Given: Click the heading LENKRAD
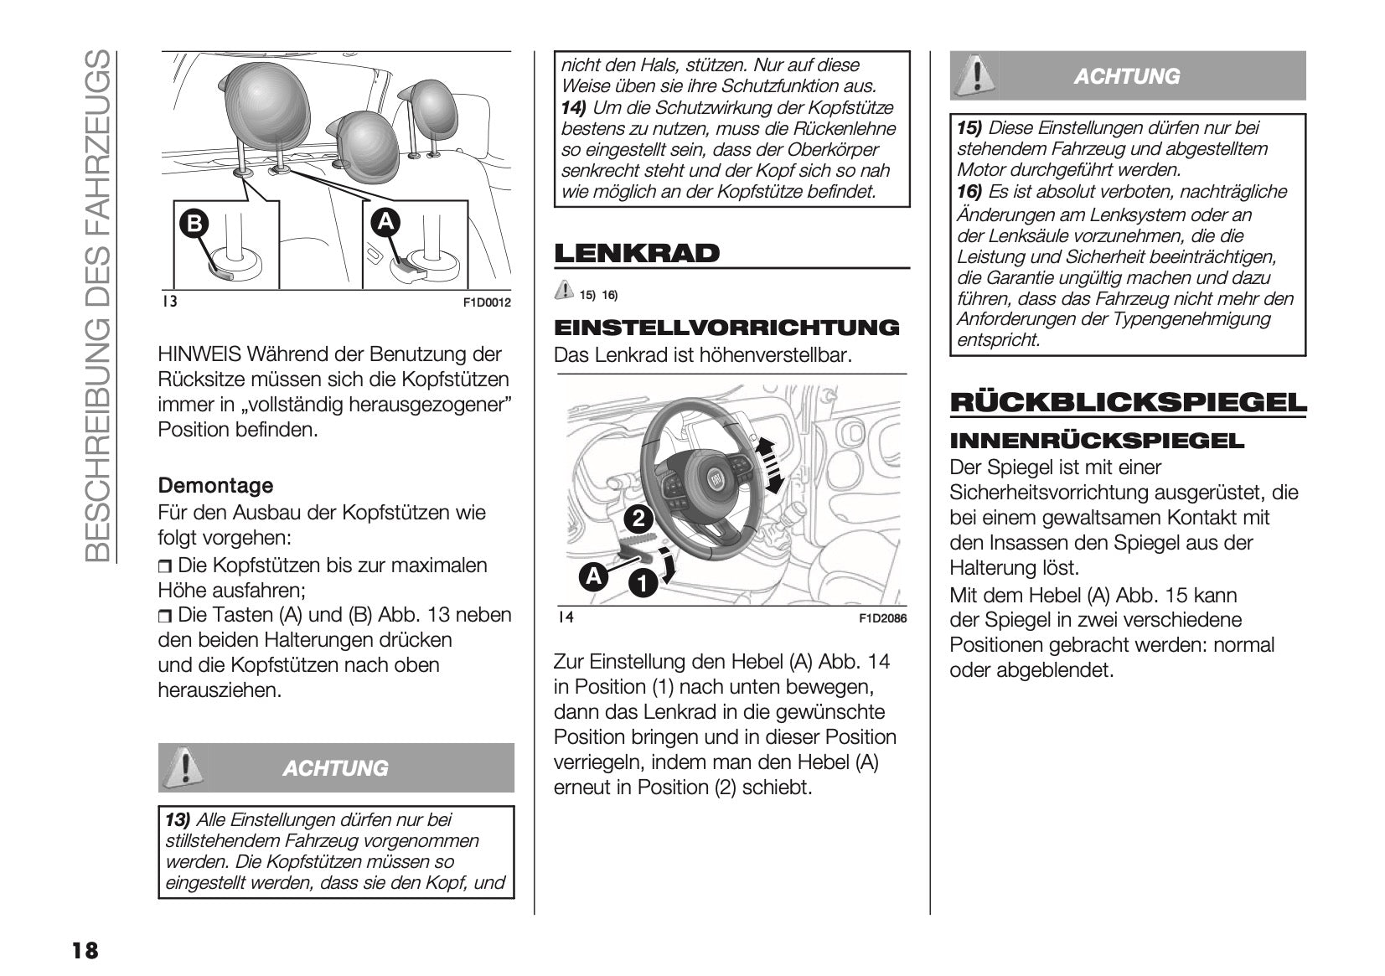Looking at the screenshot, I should (636, 253).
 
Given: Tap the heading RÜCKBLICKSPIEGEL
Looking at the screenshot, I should (1128, 403).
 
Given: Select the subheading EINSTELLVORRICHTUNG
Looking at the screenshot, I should (726, 328).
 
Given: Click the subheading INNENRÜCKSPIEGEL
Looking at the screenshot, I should (1098, 441).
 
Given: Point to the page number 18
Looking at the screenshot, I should (85, 950).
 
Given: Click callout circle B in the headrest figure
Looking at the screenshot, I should (194, 223).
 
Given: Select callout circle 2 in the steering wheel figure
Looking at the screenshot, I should (638, 519).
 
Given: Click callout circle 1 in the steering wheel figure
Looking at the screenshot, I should (643, 584).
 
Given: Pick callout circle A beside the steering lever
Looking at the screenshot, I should (593, 576).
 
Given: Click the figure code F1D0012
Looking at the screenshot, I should (487, 302).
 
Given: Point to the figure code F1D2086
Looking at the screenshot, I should (882, 619).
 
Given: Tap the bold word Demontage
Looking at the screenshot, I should (215, 486).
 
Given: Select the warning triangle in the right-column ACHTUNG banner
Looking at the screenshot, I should (974, 75).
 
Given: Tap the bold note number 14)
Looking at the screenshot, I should (574, 108).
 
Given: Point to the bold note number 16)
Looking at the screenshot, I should (969, 192).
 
